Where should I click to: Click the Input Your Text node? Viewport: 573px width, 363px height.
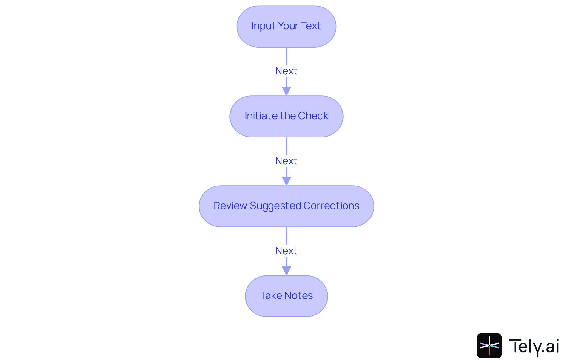click(x=286, y=26)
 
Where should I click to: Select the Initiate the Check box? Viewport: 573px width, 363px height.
click(x=286, y=116)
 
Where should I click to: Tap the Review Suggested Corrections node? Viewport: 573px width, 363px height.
click(x=286, y=206)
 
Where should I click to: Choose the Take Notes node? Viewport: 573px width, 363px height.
click(x=286, y=296)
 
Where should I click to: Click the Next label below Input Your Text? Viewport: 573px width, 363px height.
click(x=286, y=71)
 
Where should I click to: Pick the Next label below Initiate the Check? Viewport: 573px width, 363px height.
click(x=286, y=161)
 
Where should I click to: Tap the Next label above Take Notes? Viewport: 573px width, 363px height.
click(x=286, y=251)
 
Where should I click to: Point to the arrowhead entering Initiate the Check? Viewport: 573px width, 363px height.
click(x=286, y=91)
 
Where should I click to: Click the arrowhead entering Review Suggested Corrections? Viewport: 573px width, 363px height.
click(x=286, y=181)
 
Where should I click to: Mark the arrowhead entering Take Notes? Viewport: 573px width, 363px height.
click(x=286, y=271)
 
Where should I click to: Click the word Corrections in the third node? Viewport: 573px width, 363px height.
click(x=331, y=206)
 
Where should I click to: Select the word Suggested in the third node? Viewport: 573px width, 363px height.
click(x=275, y=206)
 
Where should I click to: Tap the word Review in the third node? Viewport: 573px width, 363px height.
click(x=230, y=206)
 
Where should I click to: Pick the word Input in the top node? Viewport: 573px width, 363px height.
click(x=263, y=26)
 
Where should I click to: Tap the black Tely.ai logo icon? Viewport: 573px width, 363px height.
click(x=489, y=346)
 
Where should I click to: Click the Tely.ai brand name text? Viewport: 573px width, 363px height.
click(x=534, y=346)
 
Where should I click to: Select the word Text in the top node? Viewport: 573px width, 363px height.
click(x=311, y=26)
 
